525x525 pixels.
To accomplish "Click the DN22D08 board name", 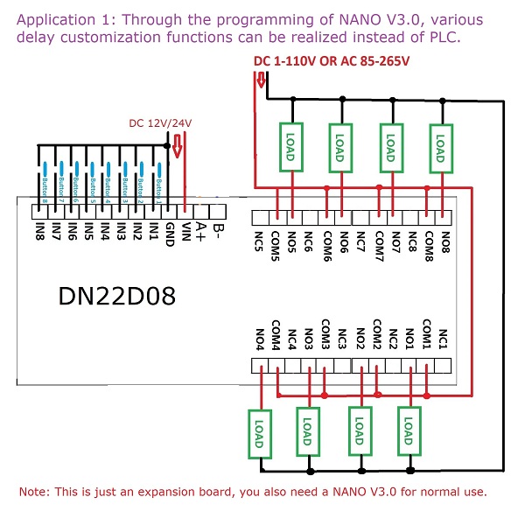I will pos(117,297).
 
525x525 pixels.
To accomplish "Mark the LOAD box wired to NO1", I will pos(408,430).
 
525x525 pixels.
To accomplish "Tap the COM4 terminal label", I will pos(276,333).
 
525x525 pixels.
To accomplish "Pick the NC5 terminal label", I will pos(260,240).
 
